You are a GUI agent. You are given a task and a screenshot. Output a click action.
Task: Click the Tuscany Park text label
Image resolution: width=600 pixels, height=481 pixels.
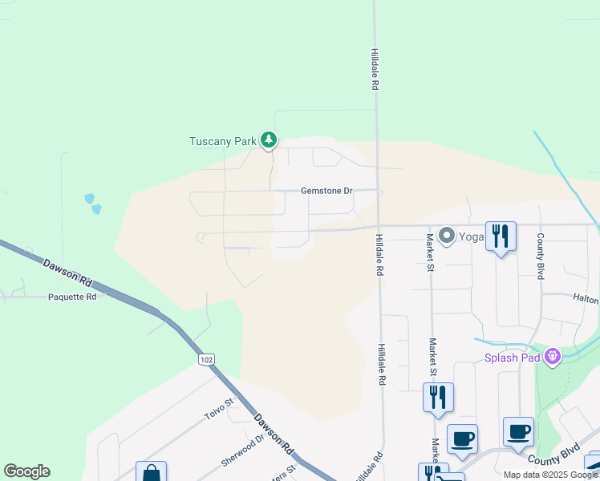point(222,142)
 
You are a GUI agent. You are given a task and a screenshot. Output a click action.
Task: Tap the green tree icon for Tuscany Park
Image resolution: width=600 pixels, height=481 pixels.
point(269,142)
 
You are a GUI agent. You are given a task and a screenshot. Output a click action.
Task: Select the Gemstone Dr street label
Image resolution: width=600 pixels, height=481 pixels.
point(326,191)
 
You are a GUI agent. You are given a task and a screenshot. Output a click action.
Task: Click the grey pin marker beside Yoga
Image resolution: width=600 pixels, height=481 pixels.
point(447,236)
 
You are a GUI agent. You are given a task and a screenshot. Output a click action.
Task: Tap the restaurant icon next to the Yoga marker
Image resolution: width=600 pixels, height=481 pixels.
point(501,236)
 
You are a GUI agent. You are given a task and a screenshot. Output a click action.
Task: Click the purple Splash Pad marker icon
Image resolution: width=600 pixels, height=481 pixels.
point(552,357)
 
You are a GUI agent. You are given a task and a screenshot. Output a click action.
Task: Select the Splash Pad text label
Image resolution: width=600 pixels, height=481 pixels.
point(512,358)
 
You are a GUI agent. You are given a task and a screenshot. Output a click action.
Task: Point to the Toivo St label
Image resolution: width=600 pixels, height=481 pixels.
point(217,412)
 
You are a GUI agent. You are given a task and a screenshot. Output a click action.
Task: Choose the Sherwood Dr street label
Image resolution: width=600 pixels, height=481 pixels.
point(243,451)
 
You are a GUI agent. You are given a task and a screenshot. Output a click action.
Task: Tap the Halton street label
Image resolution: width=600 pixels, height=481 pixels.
point(586,298)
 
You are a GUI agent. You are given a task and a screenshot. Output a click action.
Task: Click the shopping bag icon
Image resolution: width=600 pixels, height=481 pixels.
point(151,473)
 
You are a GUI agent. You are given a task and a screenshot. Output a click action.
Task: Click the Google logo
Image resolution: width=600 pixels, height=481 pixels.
point(26,471)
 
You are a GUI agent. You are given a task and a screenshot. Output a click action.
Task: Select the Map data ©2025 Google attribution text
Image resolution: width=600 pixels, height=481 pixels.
point(549,475)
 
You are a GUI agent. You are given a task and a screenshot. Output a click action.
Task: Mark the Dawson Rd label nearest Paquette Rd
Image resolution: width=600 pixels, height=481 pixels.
point(68,270)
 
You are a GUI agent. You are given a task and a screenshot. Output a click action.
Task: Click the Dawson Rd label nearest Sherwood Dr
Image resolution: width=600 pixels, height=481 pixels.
point(273,430)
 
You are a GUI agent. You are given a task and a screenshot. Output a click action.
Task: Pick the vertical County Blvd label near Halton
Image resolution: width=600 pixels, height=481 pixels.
point(541,257)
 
